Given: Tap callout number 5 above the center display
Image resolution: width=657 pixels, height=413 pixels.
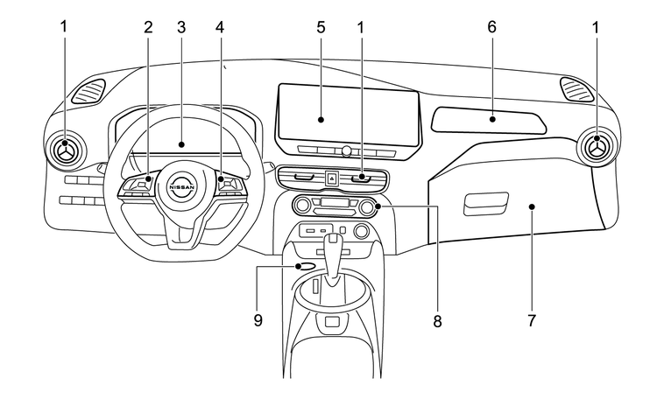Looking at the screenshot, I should click(321, 27).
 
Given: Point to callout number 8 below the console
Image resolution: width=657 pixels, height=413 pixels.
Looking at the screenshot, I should click(436, 320).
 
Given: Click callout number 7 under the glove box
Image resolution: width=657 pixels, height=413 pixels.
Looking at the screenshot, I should click(531, 320).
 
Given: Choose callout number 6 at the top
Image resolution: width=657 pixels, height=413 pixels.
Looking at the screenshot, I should click(492, 27).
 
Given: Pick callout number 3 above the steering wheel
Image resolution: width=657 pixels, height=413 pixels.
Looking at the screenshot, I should click(181, 27).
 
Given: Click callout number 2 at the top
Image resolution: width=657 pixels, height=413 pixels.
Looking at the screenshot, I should click(148, 27).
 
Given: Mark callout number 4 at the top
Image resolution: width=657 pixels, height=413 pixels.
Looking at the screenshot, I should click(220, 27).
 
